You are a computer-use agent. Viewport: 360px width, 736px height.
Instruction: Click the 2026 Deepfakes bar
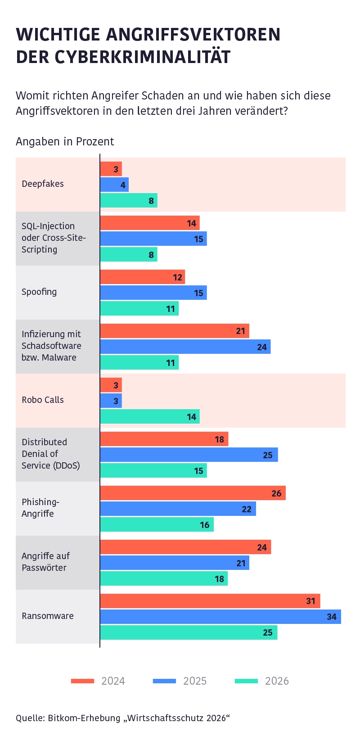[129, 200]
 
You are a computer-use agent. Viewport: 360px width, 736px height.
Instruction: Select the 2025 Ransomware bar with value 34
[220, 616]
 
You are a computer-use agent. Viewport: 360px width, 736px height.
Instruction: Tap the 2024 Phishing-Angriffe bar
[193, 493]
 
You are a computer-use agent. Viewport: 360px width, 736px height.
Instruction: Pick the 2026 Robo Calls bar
[150, 416]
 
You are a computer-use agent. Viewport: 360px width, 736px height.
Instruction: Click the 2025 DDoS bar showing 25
[189, 455]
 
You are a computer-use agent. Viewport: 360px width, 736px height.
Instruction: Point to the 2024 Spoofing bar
[143, 277]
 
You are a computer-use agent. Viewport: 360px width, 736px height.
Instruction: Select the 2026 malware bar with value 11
[139, 362]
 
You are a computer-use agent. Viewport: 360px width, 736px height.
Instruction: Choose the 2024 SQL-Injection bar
[150, 223]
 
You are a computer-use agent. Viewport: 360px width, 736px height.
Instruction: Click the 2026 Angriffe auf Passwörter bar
[164, 578]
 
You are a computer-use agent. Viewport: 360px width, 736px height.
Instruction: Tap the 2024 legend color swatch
[82, 681]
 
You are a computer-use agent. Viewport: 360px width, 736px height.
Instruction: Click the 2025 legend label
[195, 681]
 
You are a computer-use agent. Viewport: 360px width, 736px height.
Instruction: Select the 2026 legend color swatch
[246, 681]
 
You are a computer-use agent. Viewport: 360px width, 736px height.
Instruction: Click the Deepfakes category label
[43, 184]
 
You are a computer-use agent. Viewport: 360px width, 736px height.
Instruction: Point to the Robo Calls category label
[43, 400]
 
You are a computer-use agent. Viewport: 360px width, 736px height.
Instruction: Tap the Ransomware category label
[48, 616]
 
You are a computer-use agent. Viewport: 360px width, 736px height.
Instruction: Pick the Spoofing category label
[39, 292]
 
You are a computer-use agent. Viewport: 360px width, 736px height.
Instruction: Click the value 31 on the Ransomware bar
[311, 601]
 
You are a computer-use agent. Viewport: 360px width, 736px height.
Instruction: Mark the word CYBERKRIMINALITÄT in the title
[143, 57]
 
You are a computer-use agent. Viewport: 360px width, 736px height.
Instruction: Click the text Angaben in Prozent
[65, 142]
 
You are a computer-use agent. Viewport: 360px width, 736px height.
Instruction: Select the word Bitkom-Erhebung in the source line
[84, 718]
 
